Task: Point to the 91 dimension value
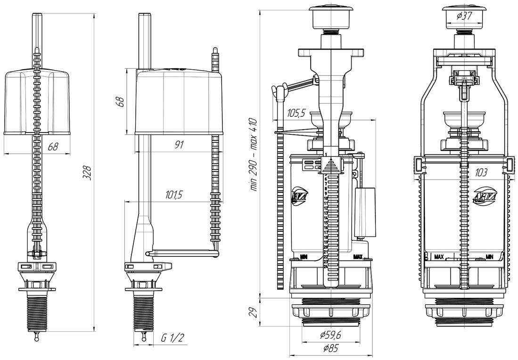click(x=179, y=145)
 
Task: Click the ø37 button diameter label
click(x=465, y=16)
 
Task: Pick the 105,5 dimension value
click(x=296, y=113)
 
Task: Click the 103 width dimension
click(x=481, y=173)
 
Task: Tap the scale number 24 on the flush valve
click(x=325, y=266)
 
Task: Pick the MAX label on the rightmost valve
click(x=439, y=257)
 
